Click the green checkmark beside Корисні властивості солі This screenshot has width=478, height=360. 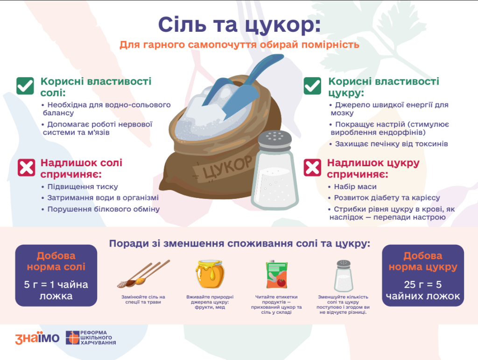coord(25,85)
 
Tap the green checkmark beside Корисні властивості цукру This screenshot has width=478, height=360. coord(312,85)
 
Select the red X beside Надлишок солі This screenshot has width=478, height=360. coord(27,167)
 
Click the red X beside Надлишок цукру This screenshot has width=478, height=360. coord(312,167)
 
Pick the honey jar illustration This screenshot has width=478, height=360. coord(210,274)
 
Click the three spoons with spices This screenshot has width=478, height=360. coord(144,274)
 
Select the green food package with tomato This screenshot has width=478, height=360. coord(277,275)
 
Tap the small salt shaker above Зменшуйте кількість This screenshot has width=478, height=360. coord(344,276)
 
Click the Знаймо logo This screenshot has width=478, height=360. coord(37,338)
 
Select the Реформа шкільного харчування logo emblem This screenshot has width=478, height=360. coord(72,338)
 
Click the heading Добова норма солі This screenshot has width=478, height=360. coord(56,261)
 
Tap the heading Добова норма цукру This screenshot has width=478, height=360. coord(423,261)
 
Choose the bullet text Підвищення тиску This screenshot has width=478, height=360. coord(83,187)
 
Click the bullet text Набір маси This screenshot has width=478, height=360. coord(355,187)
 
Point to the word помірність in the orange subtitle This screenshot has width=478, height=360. coord(330,45)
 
